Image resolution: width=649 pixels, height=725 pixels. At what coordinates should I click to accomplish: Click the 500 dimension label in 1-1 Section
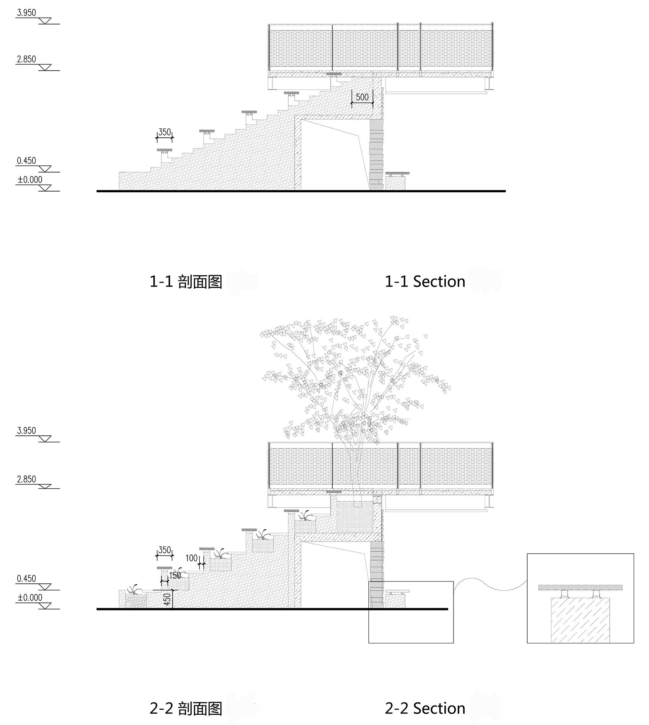(362, 97)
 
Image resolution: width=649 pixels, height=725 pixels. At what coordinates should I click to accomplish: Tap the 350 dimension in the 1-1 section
(165, 132)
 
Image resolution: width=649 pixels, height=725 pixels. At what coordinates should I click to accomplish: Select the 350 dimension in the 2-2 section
(165, 550)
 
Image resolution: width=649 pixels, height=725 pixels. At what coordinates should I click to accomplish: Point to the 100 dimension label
(192, 558)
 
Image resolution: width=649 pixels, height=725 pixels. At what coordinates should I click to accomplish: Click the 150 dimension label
(175, 575)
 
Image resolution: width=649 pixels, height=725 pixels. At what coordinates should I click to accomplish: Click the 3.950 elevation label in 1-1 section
(26, 13)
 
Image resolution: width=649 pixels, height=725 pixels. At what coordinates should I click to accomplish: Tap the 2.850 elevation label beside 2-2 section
(26, 479)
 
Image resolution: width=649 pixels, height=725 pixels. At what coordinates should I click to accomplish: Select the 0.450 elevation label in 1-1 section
(26, 161)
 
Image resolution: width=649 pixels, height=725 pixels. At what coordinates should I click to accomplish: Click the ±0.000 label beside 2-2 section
(30, 598)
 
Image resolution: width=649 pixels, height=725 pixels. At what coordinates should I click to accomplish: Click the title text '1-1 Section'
(425, 282)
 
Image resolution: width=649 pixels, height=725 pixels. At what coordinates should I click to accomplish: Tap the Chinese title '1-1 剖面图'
(186, 282)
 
